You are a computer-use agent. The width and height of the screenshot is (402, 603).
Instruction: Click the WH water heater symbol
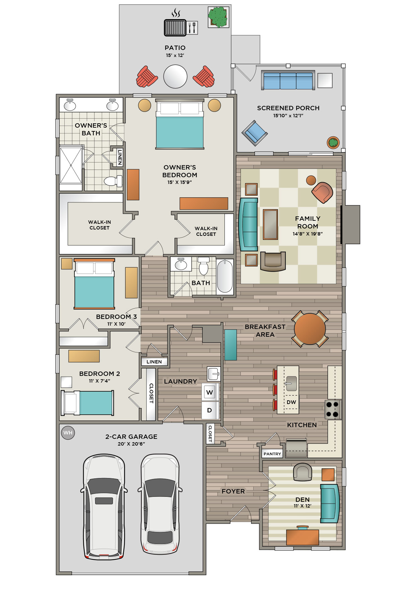click(x=68, y=432)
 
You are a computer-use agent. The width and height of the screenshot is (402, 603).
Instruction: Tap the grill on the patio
click(x=175, y=27)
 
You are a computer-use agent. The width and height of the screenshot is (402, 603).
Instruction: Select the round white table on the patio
click(x=175, y=76)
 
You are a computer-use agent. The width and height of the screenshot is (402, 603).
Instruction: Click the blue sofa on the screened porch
click(x=288, y=80)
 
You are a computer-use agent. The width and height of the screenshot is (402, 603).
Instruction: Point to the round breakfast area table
click(x=310, y=329)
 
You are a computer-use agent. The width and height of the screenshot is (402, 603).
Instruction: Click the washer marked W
click(x=210, y=392)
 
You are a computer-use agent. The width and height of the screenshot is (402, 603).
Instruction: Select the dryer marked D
click(x=210, y=410)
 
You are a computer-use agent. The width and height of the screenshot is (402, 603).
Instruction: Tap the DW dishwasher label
click(x=291, y=402)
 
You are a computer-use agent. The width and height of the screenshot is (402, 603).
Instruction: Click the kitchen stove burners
click(x=333, y=409)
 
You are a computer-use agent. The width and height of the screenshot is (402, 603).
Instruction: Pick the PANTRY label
click(x=272, y=454)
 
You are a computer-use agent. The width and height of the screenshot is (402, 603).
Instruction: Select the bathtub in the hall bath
click(x=225, y=276)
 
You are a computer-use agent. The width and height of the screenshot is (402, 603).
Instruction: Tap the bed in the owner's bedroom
click(x=180, y=124)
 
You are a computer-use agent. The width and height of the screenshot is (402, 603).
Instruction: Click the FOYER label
click(x=233, y=491)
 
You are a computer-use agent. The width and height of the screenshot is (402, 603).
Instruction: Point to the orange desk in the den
click(x=303, y=537)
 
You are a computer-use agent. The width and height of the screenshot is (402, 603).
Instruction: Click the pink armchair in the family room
click(x=322, y=192)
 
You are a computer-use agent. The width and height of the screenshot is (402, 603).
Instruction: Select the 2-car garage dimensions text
click(x=131, y=444)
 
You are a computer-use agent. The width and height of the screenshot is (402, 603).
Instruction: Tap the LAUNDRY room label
click(x=180, y=381)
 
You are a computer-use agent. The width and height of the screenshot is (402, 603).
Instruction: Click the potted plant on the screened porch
click(x=333, y=143)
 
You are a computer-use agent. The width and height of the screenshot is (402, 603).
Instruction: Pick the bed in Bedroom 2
click(x=87, y=403)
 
